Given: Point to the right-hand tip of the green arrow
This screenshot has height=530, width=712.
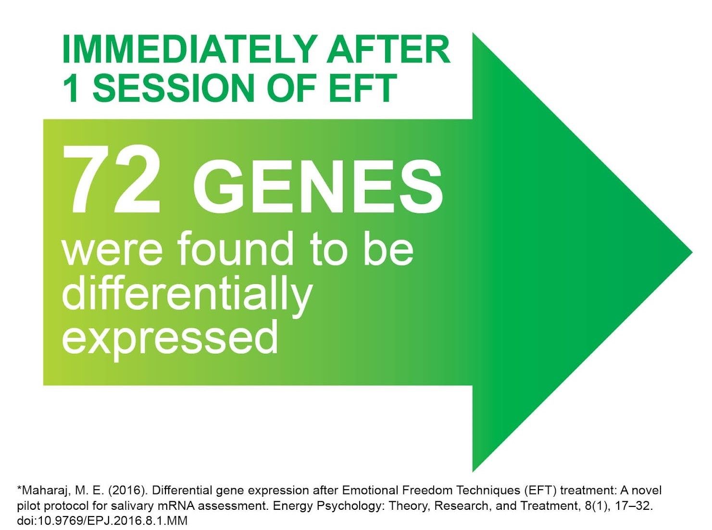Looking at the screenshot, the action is click(x=692, y=252).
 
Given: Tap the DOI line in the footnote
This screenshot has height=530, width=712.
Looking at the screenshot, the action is click(x=102, y=520).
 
